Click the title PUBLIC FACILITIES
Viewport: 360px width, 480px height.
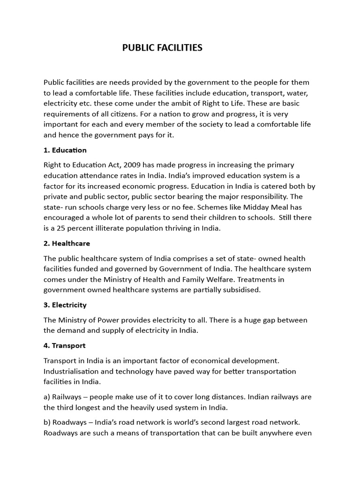[162, 48]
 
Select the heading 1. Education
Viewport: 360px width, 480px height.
[65, 150]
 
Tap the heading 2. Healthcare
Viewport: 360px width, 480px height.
[67, 244]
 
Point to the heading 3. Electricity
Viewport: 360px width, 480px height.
[65, 305]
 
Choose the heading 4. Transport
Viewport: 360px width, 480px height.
[65, 346]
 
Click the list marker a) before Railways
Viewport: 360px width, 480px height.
[47, 397]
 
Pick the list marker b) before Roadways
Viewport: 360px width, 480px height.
[47, 422]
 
